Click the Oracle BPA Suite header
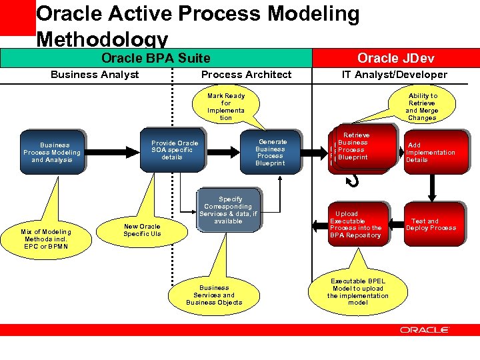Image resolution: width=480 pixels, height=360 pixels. pyautogui.click(x=155, y=59)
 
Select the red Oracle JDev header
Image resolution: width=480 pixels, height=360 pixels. pyautogui.click(x=395, y=59)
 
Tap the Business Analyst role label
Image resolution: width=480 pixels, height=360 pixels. pyautogui.click(x=95, y=75)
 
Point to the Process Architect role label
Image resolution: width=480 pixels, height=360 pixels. pyautogui.click(x=246, y=75)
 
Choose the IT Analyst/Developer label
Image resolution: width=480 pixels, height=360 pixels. pyautogui.click(x=395, y=75)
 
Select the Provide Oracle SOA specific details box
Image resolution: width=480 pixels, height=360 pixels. pyautogui.click(x=174, y=150)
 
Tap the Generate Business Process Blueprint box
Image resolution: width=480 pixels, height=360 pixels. pyautogui.click(x=271, y=152)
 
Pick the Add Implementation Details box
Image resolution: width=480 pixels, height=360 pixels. pyautogui.click(x=431, y=153)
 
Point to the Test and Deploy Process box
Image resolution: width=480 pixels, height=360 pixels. pyautogui.click(x=431, y=224)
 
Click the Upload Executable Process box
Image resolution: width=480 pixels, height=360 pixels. pyautogui.click(x=355, y=225)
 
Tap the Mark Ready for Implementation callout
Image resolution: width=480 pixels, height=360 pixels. pyautogui.click(x=226, y=107)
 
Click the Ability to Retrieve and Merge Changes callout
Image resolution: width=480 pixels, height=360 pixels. pyautogui.click(x=422, y=107)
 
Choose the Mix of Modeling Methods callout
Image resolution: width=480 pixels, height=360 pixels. pyautogui.click(x=47, y=239)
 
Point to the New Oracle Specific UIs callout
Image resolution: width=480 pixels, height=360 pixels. pyautogui.click(x=142, y=230)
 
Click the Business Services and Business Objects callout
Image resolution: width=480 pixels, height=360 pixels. pyautogui.click(x=214, y=295)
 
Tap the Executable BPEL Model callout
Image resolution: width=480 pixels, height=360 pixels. pyautogui.click(x=357, y=292)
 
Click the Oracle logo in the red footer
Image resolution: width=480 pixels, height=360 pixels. pyautogui.click(x=425, y=329)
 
